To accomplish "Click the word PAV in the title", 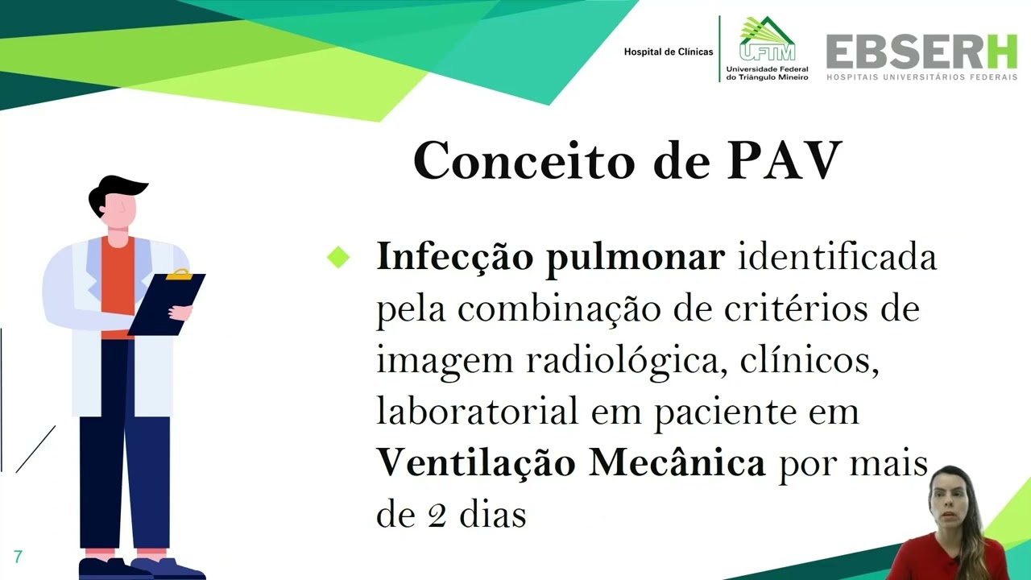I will coord(785,160).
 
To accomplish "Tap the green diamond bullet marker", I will coord(339,258).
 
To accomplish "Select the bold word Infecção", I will coord(453,258).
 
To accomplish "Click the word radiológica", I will coord(619,361).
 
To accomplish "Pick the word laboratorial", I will coord(477,412).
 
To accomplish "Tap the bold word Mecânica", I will coord(677,463).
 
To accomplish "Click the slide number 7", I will coord(18,557).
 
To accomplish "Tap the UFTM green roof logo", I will coord(767,39).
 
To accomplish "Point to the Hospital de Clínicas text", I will coord(668,52).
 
